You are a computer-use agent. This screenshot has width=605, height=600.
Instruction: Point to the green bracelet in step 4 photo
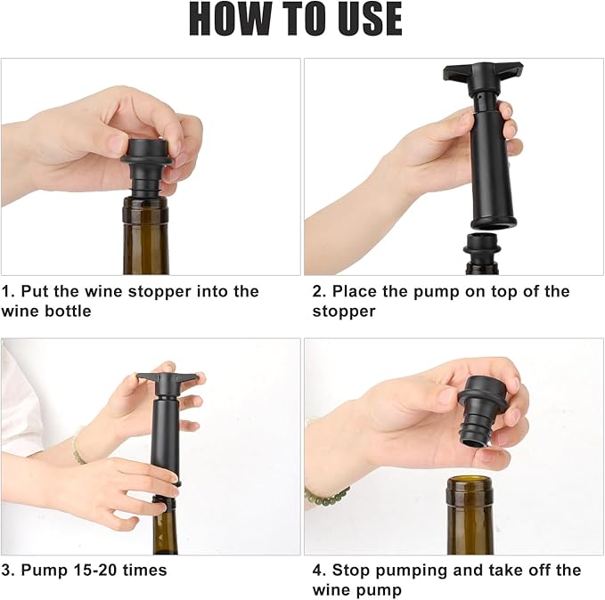[x=325, y=494]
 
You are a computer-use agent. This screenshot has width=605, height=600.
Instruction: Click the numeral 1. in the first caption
[x=7, y=292]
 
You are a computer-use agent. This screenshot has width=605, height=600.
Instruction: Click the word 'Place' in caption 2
[x=356, y=292]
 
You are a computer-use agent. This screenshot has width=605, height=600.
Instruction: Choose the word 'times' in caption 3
[x=143, y=570]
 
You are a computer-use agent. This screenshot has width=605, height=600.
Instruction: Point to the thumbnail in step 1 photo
[x=117, y=142]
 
